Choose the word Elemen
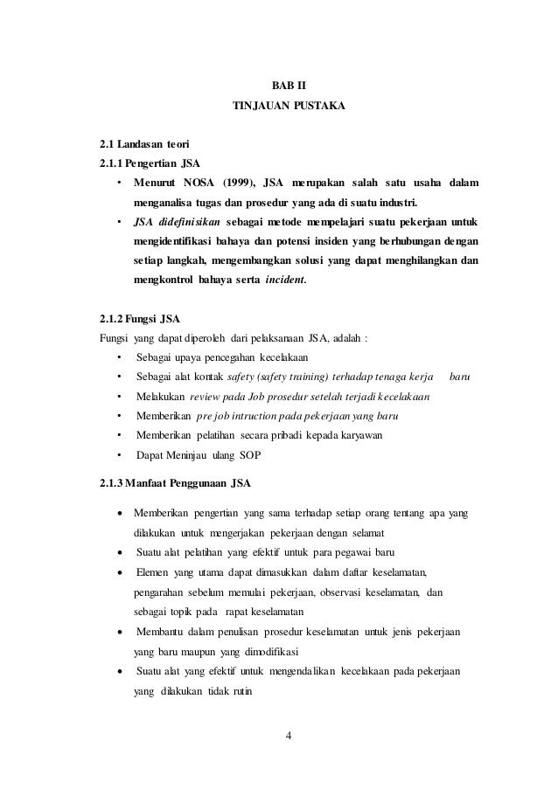tap(154, 572)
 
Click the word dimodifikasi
tap(268, 652)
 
